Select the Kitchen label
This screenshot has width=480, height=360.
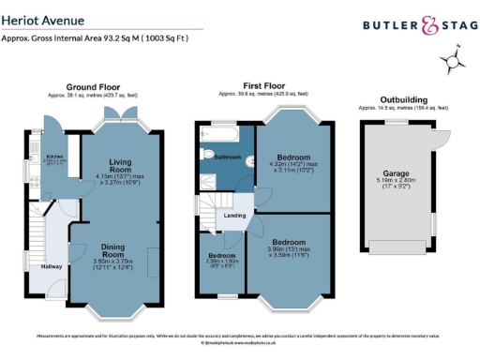tap(55, 157)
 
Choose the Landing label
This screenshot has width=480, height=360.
tap(235, 215)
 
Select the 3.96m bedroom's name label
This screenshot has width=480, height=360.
tap(290, 242)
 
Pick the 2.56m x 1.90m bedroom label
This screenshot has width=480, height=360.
tap(221, 255)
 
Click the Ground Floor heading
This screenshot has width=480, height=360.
tap(94, 87)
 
